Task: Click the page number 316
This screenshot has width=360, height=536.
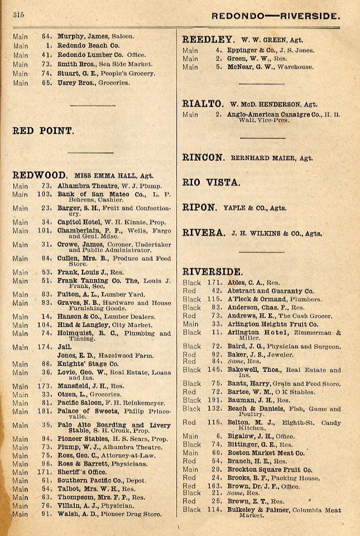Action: tap(18, 15)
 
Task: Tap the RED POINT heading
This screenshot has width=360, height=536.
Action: tap(43, 131)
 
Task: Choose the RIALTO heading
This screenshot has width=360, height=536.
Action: tap(203, 104)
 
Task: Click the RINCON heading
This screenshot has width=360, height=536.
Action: tap(204, 157)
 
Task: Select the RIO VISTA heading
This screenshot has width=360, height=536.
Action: tap(212, 182)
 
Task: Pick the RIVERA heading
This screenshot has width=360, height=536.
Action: tap(204, 233)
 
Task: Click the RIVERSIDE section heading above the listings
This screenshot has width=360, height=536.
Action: tap(213, 272)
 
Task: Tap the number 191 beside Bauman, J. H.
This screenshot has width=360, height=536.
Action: tap(215, 400)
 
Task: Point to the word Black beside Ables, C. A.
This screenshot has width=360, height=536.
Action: tap(191, 283)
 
